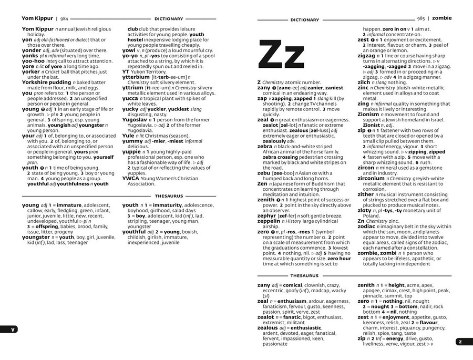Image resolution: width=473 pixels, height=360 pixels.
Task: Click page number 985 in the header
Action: coord(421,18)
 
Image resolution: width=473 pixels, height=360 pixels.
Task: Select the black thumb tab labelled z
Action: coord(460,341)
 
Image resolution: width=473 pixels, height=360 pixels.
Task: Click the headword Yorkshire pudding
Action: coord(46,83)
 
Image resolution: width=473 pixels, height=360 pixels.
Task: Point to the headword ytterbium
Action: coord(136,77)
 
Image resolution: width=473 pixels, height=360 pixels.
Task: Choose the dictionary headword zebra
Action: coord(266,146)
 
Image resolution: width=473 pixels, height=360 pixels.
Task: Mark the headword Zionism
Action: coord(372,114)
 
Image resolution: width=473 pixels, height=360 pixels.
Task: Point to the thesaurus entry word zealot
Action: coord(266,317)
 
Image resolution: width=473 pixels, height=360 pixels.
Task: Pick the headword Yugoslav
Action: coord(136,119)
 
